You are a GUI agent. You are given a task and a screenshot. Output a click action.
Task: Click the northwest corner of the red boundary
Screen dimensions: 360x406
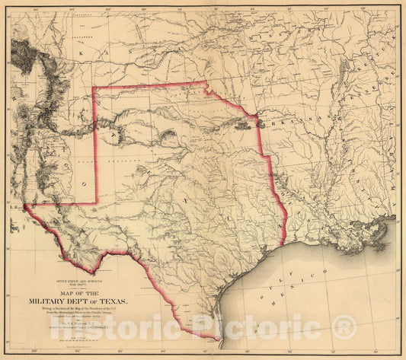[x=93, y=88]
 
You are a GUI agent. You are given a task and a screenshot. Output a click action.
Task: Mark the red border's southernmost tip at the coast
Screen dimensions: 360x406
[x=215, y=339]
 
